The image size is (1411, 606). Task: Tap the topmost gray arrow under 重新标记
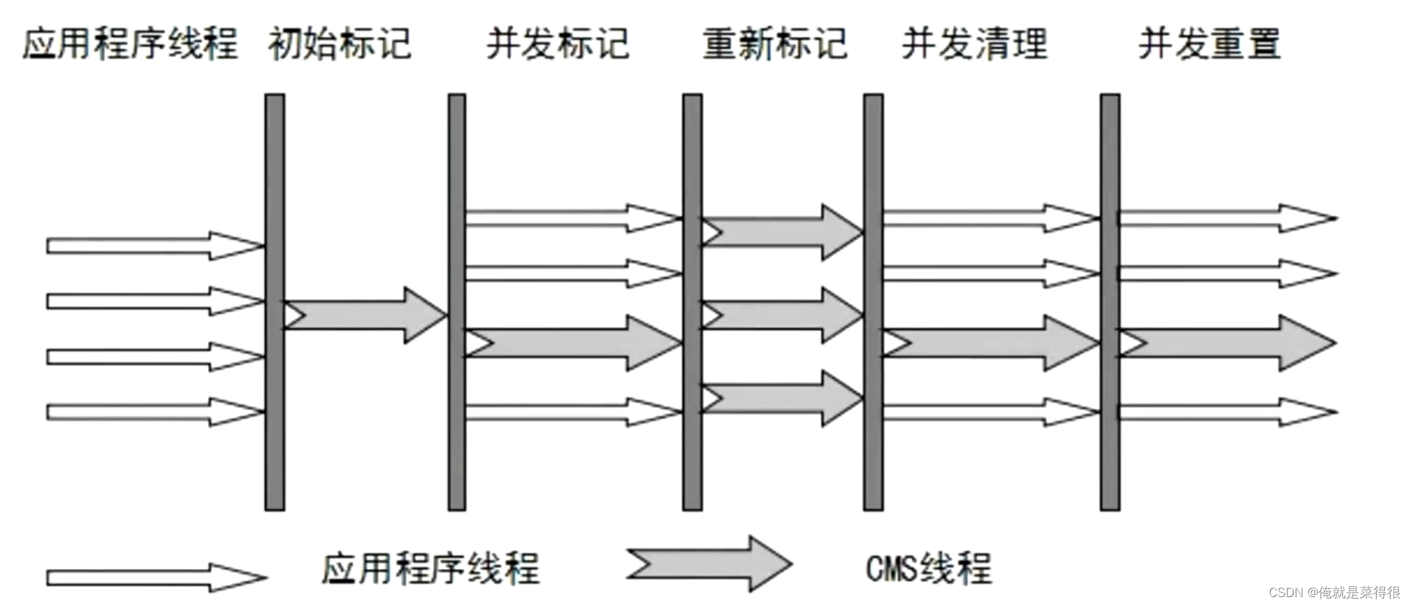(782, 232)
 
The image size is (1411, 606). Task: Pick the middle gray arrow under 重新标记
(782, 315)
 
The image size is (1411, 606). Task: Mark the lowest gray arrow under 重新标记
(782, 399)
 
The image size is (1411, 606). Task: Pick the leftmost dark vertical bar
(275, 302)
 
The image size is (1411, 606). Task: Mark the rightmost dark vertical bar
(1110, 302)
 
